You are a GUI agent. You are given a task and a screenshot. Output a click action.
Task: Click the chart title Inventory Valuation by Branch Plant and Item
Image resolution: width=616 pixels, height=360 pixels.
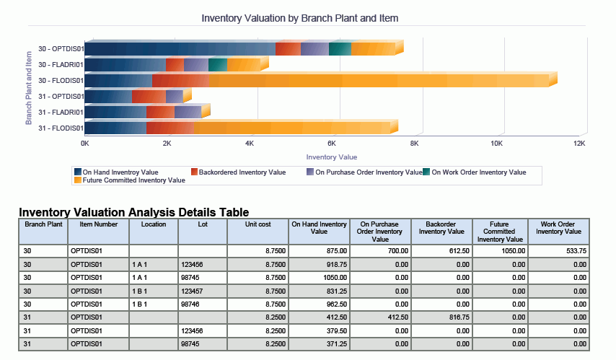(x=300, y=17)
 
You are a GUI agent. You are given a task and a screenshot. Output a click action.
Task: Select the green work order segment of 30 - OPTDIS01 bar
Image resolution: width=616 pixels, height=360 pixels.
(x=340, y=49)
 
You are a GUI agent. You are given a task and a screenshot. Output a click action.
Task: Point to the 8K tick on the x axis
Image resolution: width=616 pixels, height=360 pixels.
(x=414, y=144)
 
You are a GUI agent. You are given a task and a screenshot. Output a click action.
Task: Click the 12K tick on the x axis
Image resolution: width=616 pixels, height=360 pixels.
(x=578, y=144)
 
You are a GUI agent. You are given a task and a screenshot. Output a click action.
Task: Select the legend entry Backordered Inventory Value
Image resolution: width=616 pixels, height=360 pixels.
(x=242, y=172)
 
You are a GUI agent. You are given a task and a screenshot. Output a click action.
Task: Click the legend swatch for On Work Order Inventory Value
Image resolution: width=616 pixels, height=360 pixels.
(x=426, y=172)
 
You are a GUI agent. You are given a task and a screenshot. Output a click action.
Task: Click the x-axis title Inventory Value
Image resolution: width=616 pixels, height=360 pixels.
(x=331, y=157)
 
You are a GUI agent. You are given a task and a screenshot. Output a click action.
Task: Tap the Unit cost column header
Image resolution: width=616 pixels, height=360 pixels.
(x=257, y=224)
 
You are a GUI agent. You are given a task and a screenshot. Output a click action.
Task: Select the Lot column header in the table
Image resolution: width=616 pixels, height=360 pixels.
(x=202, y=224)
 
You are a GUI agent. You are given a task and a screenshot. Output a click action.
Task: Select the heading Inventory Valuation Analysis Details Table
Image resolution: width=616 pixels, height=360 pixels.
(x=134, y=212)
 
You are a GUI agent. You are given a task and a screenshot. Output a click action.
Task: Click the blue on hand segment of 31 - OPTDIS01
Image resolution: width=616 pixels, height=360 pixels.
(x=109, y=97)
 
